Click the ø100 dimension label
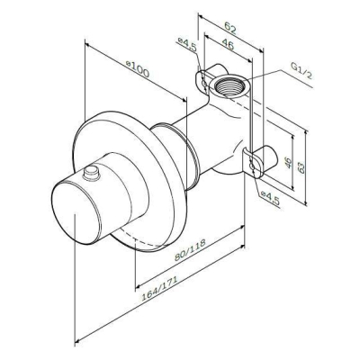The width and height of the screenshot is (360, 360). (x=138, y=69)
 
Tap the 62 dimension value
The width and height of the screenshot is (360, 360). (x=230, y=29)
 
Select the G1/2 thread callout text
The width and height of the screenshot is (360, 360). (x=301, y=70)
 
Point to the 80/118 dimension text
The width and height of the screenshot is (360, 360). (x=190, y=250)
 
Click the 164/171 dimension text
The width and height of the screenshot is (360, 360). (x=159, y=288)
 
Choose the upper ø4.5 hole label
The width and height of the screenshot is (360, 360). (x=186, y=44)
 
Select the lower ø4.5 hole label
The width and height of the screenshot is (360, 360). (x=270, y=198)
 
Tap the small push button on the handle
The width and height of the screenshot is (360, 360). (x=91, y=174)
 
